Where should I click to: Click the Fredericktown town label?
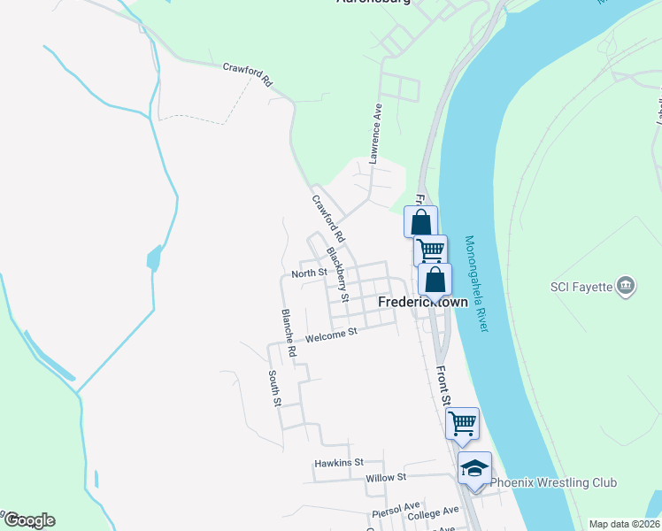(423, 302)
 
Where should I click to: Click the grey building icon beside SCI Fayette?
(626, 285)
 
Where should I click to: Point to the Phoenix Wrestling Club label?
(554, 482)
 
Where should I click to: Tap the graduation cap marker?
(474, 468)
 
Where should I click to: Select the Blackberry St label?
(338, 273)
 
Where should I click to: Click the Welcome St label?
(330, 334)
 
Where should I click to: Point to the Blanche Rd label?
(289, 333)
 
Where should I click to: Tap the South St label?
(275, 389)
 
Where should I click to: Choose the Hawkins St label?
(339, 463)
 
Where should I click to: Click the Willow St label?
(385, 477)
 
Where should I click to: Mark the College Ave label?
(434, 512)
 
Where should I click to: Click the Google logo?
(29, 520)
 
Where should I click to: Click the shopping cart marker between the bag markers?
(430, 250)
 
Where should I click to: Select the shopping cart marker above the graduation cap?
(462, 423)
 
